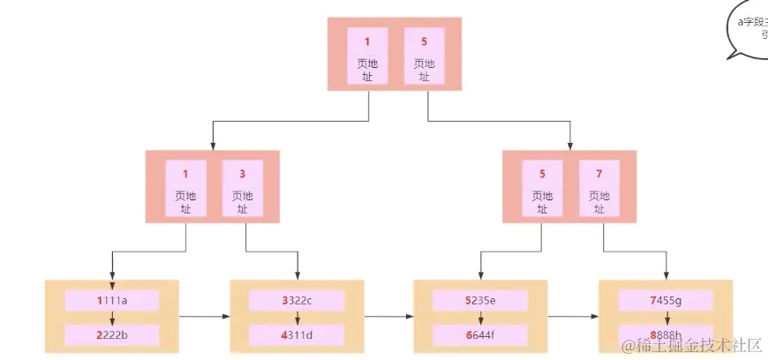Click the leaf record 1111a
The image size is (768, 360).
tap(112, 301)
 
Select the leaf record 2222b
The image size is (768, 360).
tap(112, 335)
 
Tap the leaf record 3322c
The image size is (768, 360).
tap(297, 301)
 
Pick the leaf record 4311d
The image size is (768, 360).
tap(297, 335)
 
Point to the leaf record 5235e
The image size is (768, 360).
tap(481, 301)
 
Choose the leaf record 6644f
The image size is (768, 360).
tap(481, 335)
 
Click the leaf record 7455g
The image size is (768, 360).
tap(666, 301)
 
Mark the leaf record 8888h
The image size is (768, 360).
tap(666, 335)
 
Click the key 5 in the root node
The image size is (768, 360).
tap(425, 41)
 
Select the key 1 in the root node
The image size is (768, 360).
tap(367, 41)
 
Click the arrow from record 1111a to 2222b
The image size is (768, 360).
tap(112, 318)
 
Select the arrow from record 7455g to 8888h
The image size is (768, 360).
tap(666, 318)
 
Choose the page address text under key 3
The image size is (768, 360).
tap(243, 202)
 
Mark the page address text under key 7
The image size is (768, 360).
tap(599, 202)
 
